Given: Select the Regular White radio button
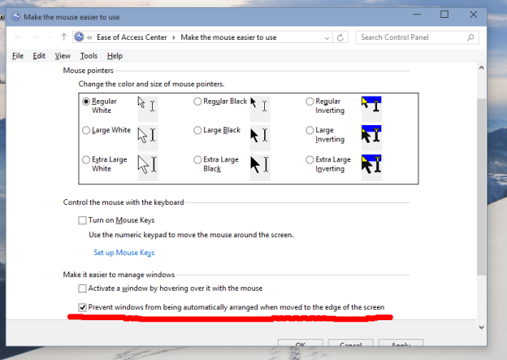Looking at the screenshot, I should [86, 102].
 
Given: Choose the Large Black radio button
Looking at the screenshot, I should [197, 130].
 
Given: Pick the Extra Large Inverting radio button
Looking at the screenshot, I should [310, 159].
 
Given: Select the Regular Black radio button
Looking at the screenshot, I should [197, 102].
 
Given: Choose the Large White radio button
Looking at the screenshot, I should [86, 130].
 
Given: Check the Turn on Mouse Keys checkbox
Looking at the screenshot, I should [82, 220].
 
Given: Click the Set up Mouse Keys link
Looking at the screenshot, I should [123, 253].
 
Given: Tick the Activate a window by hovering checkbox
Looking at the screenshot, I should [82, 288].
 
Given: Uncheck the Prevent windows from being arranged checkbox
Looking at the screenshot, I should [82, 308].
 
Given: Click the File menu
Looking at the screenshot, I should [18, 56].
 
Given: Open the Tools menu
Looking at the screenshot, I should [89, 56].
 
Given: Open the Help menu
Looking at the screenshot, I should [115, 56].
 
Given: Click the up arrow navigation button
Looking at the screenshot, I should [63, 37].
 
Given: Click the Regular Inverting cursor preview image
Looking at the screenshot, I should [371, 104].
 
